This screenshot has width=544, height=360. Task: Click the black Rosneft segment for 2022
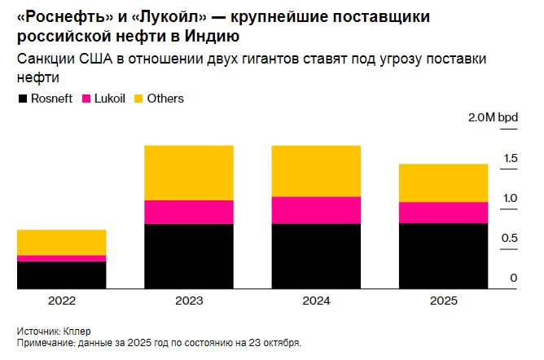tap(61, 274)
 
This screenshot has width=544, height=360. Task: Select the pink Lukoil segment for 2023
tap(189, 212)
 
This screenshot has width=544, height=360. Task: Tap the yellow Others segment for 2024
tap(315, 171)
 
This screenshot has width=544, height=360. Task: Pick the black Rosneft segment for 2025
tap(443, 256)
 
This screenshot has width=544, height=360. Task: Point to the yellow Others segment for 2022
tap(61, 243)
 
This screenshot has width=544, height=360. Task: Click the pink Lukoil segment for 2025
tap(443, 213)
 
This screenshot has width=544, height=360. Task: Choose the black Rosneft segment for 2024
tap(315, 256)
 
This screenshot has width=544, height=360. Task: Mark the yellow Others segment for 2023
tap(189, 173)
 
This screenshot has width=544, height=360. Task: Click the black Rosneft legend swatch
tap(22, 99)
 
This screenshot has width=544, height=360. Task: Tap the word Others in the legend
tap(165, 99)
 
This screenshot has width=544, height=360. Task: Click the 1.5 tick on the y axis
tap(510, 158)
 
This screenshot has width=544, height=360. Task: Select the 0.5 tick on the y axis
tap(510, 238)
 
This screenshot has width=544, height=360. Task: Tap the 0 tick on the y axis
tap(514, 278)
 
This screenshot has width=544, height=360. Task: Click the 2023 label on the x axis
tap(189, 301)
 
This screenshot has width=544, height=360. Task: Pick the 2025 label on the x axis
tap(443, 301)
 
